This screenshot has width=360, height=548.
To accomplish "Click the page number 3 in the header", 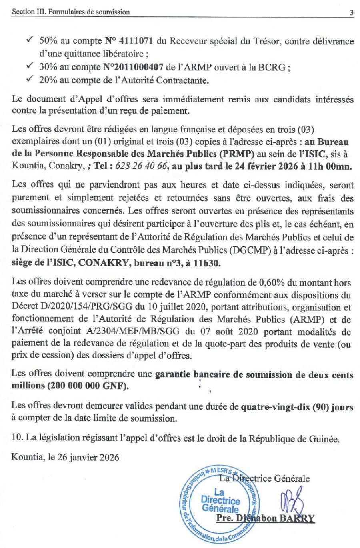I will pos(351,12).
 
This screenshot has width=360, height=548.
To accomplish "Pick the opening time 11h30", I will pos(208,263).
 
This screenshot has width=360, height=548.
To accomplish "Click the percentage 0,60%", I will pos(272,283).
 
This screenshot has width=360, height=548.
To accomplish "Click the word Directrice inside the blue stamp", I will pos(220,500).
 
